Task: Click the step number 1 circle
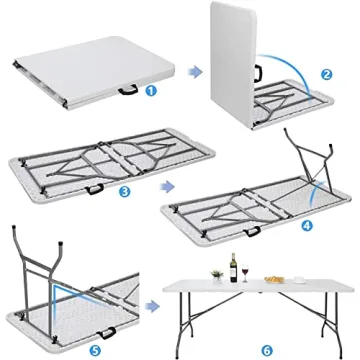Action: pyautogui.click(x=151, y=89)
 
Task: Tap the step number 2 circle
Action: pyautogui.click(x=326, y=73)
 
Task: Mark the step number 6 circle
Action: pyautogui.click(x=265, y=349)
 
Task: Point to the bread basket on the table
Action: pyautogui.click(x=276, y=278)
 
